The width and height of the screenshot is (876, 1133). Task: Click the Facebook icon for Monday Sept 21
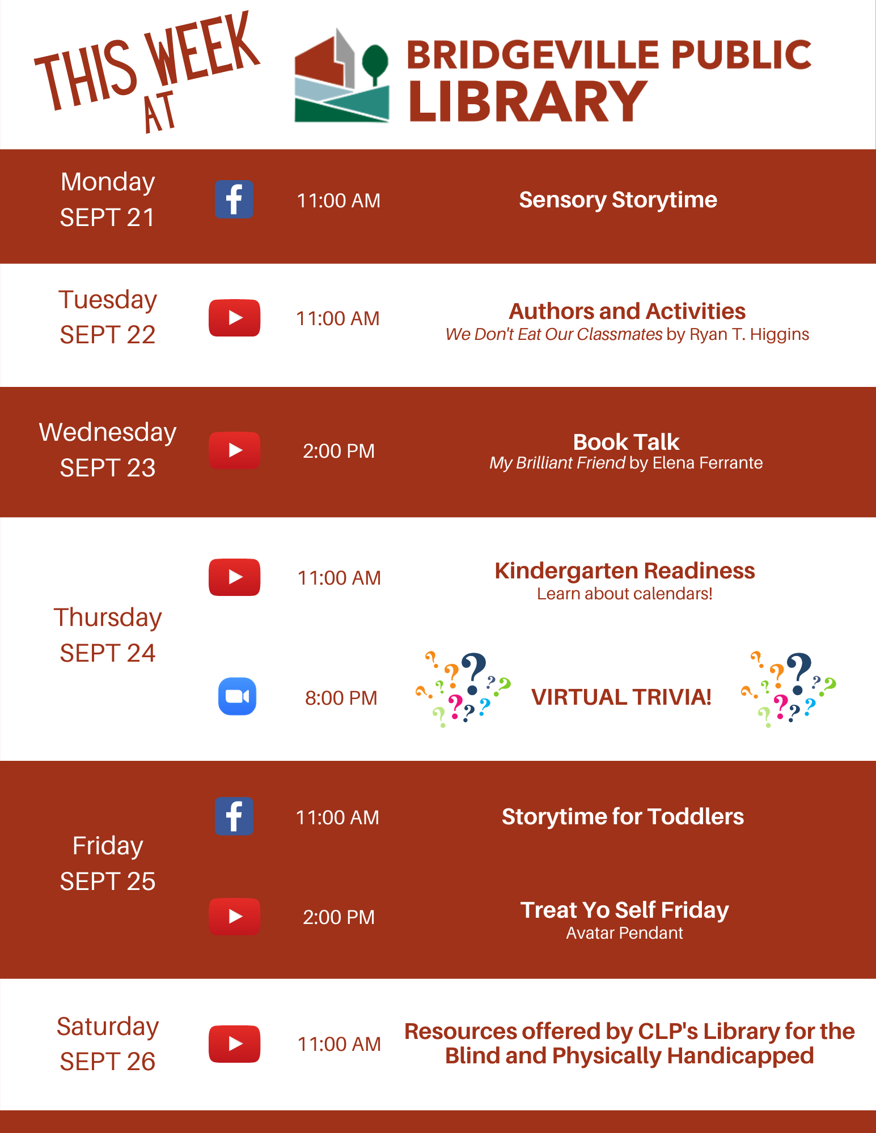coord(234,199)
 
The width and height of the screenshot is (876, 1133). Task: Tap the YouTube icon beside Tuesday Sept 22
coord(234,318)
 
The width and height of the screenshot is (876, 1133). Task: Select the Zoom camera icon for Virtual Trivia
coord(237,696)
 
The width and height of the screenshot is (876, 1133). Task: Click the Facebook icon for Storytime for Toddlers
coord(234,816)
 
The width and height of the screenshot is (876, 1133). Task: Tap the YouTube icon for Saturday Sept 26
coord(234,1043)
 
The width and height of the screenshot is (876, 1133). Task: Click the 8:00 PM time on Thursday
coord(341,698)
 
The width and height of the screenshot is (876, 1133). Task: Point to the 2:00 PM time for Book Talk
coord(338,451)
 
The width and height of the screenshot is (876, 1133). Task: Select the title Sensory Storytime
coord(618,200)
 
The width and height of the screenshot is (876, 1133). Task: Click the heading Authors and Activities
coord(627,311)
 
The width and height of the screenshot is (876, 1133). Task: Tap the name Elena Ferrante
coord(708,463)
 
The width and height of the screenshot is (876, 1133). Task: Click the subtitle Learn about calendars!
coord(625,594)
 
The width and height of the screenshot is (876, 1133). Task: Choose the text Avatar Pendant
coord(625,933)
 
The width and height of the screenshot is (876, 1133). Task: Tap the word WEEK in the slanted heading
coord(202,53)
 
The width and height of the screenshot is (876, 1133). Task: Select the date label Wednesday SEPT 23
coord(108,450)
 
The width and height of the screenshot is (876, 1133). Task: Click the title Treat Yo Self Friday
coord(625,910)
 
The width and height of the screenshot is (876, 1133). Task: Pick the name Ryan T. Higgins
coord(749,334)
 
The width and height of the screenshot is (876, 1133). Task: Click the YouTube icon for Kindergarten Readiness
coord(234,577)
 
